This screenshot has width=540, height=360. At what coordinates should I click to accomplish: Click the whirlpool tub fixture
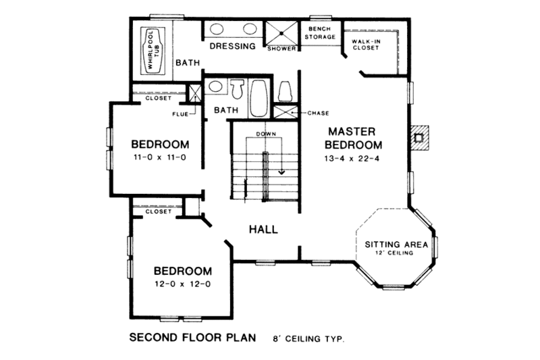[x=153, y=51]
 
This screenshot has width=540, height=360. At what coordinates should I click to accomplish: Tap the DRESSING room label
[x=232, y=47]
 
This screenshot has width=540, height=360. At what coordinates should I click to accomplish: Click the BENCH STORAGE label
[x=320, y=33]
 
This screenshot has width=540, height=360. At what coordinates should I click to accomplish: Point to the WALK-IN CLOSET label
[x=364, y=45]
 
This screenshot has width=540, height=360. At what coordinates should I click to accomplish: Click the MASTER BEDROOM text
[x=354, y=138]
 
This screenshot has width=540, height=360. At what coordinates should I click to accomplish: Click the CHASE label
[x=318, y=113]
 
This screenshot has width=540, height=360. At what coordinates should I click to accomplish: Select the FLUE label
[x=180, y=113]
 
